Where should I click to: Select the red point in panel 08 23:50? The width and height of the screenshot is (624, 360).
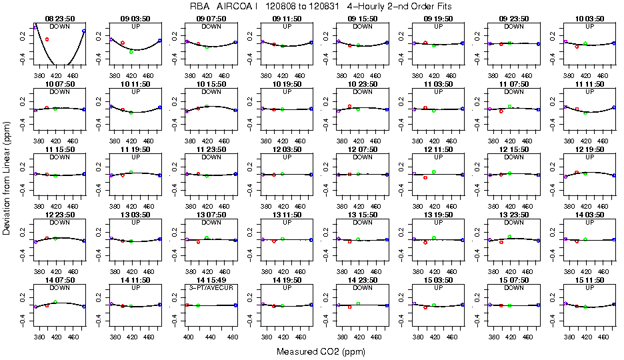(47, 39)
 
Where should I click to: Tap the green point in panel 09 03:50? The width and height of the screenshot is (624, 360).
(131, 51)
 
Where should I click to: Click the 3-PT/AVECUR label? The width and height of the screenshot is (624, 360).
(211, 287)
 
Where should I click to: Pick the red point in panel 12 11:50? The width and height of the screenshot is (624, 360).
(425, 177)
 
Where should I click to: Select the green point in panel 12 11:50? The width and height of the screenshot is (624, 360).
(434, 171)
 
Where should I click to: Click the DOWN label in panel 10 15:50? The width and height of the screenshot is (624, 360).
(211, 92)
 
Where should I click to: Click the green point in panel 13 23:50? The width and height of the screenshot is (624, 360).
(510, 236)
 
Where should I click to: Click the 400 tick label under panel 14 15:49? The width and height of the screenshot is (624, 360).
(188, 337)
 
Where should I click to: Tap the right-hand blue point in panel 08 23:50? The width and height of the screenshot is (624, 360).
(84, 31)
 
